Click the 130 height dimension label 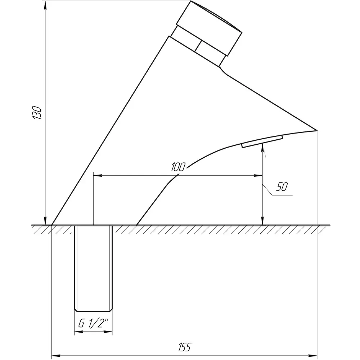click(37, 112)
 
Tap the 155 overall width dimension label click(185, 347)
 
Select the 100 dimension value click(178, 167)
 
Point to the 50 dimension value click(282, 186)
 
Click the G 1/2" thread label click(93, 324)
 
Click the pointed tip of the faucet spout click(317, 130)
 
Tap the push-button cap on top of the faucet click(209, 28)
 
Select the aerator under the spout click(262, 141)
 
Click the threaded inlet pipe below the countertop click(93, 269)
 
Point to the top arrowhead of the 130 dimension click(45, 5)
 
